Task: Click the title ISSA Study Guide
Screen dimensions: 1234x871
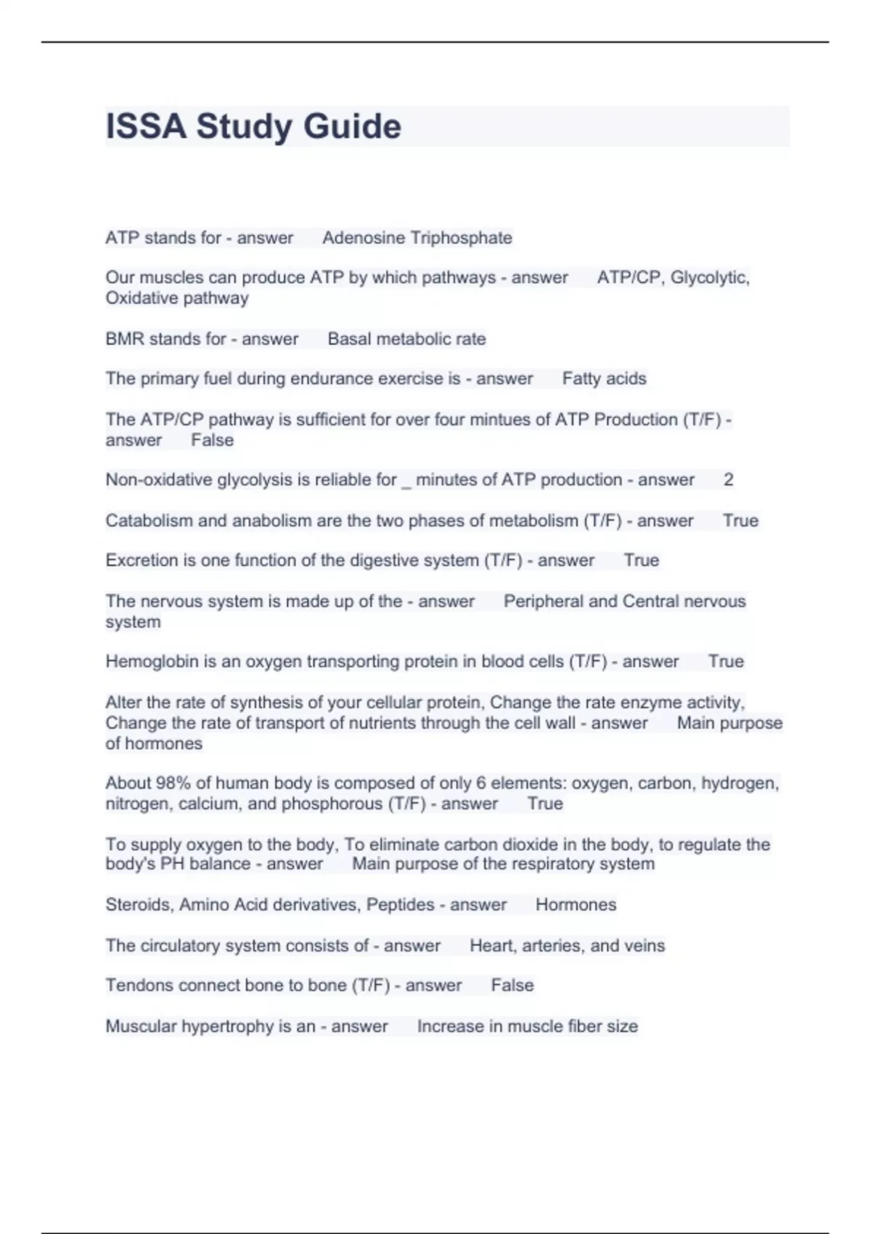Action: coord(253,126)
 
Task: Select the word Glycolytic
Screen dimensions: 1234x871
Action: coord(709,277)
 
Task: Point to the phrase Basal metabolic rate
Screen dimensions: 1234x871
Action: coord(406,339)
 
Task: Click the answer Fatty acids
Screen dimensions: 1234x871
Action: coord(604,379)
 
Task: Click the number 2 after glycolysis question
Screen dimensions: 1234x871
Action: coord(729,480)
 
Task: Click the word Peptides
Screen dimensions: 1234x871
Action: coord(400,904)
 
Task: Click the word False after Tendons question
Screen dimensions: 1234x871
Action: coord(512,985)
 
